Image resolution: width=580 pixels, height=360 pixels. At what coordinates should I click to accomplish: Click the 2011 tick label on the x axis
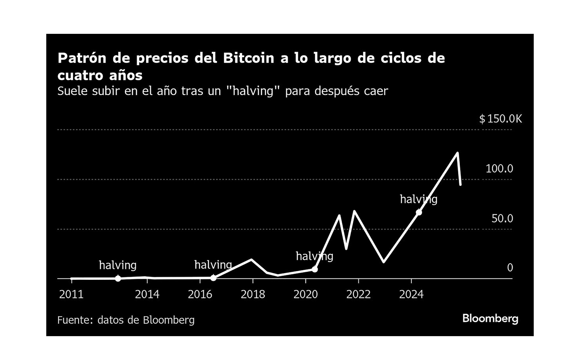pyautogui.click(x=71, y=294)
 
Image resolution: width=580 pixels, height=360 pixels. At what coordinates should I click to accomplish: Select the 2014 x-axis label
pyautogui.click(x=147, y=294)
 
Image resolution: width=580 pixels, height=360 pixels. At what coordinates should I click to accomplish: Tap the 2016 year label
pyautogui.click(x=200, y=294)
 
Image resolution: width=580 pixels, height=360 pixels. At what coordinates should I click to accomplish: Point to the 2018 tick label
pyautogui.click(x=253, y=294)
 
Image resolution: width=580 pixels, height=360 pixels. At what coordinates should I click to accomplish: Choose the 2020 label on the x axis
pyautogui.click(x=306, y=294)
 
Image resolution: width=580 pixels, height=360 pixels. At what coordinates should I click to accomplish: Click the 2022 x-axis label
pyautogui.click(x=359, y=294)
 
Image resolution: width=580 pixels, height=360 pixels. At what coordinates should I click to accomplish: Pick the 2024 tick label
pyautogui.click(x=411, y=294)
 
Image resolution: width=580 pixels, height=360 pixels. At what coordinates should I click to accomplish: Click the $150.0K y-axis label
pyautogui.click(x=501, y=119)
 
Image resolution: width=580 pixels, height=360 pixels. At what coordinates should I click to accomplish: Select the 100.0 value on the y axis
pyautogui.click(x=499, y=169)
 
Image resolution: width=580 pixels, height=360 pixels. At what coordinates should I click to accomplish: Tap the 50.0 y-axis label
pyautogui.click(x=502, y=218)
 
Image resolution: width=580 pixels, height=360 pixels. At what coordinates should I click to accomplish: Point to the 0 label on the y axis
pyautogui.click(x=510, y=268)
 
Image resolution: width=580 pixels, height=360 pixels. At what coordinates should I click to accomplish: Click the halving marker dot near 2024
pyautogui.click(x=419, y=212)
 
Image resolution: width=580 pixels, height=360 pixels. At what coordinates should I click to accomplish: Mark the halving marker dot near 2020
pyautogui.click(x=315, y=269)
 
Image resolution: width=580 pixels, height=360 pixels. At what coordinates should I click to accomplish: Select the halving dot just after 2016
pyautogui.click(x=213, y=278)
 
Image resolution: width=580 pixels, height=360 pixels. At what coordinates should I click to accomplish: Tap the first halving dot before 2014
pyautogui.click(x=118, y=278)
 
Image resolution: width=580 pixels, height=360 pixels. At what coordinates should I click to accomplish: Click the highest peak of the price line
pyautogui.click(x=458, y=153)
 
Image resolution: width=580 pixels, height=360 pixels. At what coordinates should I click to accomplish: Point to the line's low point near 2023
pyautogui.click(x=383, y=262)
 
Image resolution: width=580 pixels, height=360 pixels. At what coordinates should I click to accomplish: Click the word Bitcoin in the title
pyautogui.click(x=249, y=58)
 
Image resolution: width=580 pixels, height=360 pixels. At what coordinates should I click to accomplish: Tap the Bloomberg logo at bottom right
pyautogui.click(x=490, y=319)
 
